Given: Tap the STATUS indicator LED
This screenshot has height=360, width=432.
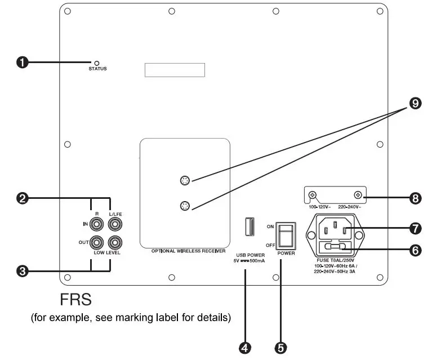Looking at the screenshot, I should tap(97, 63).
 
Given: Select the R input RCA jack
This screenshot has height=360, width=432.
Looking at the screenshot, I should tap(97, 224).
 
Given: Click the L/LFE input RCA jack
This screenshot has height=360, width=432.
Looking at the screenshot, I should tap(115, 224).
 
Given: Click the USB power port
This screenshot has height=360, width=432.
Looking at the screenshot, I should tap(247, 227).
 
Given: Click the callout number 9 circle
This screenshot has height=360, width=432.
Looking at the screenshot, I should tap(416, 103).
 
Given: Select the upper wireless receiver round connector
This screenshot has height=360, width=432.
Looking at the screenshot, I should tap(185, 181).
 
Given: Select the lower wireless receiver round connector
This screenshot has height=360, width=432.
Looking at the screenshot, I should tap(185, 206).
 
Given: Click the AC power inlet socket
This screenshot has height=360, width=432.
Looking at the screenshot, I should tap(335, 229).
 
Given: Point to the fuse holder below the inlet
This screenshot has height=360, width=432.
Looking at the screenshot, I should tap(335, 246).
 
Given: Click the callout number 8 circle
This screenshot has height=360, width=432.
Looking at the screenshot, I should tap(416, 198).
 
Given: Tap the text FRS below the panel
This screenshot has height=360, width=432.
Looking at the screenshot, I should tap(75, 299).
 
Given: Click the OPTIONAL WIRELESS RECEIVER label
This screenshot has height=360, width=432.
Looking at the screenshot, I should tap(185, 250).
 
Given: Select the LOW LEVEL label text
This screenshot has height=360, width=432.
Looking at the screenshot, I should tap(106, 254).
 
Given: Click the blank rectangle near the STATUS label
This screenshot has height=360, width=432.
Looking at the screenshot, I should tap(175, 70).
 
